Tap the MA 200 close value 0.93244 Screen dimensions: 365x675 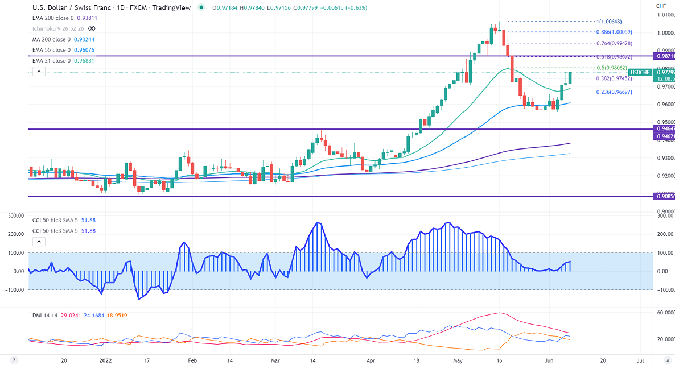tap(81, 39)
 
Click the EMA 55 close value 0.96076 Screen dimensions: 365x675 tap(81, 50)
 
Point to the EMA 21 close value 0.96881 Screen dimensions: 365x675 tap(81, 61)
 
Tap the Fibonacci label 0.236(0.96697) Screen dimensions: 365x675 tap(612, 92)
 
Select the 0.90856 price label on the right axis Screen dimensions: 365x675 tap(665, 196)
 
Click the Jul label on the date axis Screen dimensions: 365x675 tap(640, 360)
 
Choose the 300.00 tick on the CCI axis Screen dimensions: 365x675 tap(663, 215)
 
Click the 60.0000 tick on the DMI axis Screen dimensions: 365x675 tap(664, 313)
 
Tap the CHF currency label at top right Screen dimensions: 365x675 tap(661, 7)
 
